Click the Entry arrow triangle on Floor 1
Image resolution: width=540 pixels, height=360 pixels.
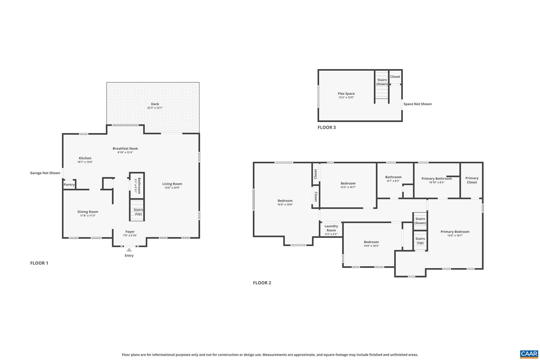pyautogui.click(x=129, y=250)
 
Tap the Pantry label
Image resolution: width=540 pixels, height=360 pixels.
pyautogui.click(x=69, y=185)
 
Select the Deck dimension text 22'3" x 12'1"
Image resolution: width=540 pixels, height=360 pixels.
pyautogui.click(x=155, y=108)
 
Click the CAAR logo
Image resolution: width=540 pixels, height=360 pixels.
pyautogui.click(x=529, y=354)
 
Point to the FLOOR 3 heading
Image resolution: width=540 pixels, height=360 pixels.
pyautogui.click(x=326, y=127)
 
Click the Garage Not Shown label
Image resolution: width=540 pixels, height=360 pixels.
pyautogui.click(x=45, y=173)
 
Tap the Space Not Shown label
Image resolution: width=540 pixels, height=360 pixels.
pyautogui.click(x=417, y=104)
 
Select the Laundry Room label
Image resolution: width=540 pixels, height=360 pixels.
pyautogui.click(x=331, y=228)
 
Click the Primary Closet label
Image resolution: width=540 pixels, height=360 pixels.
pyautogui.click(x=472, y=180)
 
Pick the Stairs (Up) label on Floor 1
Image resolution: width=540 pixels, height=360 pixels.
pyautogui.click(x=138, y=212)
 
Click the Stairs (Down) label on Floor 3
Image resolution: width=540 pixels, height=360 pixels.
pyautogui.click(x=382, y=82)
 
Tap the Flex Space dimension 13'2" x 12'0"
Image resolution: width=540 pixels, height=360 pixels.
pyautogui.click(x=346, y=98)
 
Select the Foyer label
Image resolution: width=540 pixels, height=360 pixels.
pyautogui.click(x=130, y=232)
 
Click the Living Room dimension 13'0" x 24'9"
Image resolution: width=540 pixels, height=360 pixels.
pyautogui.click(x=172, y=188)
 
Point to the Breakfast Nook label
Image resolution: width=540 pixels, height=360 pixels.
pyautogui.click(x=125, y=148)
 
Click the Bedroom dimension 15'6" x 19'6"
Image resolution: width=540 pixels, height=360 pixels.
pyautogui.click(x=285, y=205)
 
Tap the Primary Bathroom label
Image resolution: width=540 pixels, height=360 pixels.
pyautogui.click(x=436, y=179)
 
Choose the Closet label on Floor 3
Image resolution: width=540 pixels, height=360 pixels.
pyautogui.click(x=395, y=77)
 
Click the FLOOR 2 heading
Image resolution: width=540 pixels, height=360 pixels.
pyautogui.click(x=262, y=283)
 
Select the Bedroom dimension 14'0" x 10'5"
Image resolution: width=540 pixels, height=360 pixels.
pyautogui.click(x=371, y=246)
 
